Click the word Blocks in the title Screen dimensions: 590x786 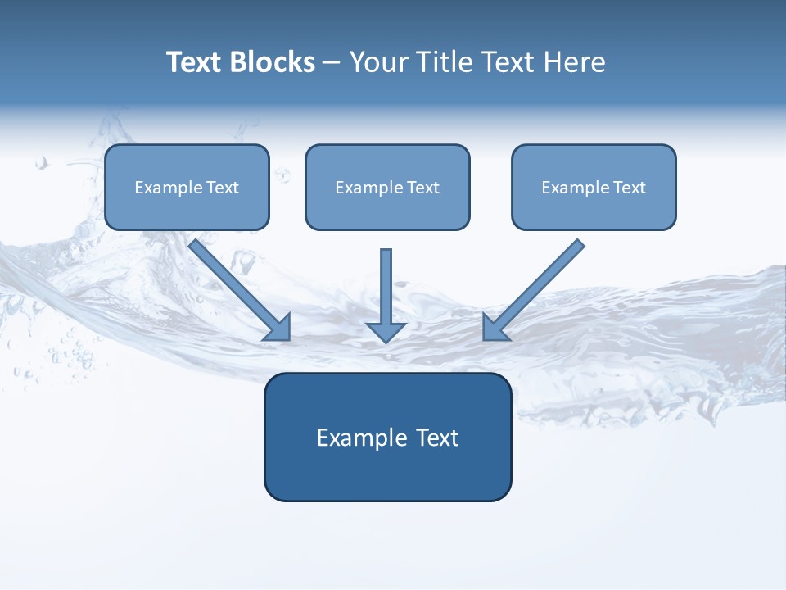[273, 62]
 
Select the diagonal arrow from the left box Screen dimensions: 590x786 [233, 283]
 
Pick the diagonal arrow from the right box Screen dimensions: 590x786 [540, 283]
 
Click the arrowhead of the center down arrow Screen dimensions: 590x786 [386, 332]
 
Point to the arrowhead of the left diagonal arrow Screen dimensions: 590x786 [278, 328]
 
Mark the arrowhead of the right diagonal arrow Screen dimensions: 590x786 [495, 328]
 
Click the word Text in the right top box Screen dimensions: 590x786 [629, 188]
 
